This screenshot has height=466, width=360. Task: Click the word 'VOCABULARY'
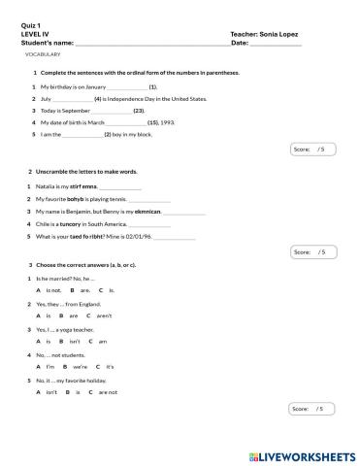(x=43, y=54)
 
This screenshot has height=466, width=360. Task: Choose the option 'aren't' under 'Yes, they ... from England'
(x=104, y=316)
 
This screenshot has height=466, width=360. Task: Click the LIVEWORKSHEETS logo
(x=302, y=454)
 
